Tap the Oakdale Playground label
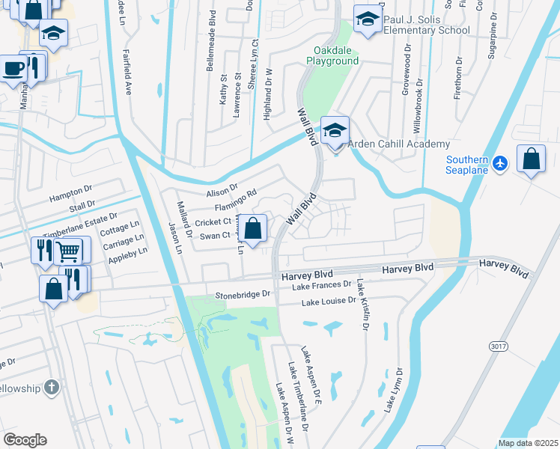tap(335, 55)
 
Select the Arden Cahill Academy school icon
tap(335, 130)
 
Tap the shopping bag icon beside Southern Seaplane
tap(531, 159)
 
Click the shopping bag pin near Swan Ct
tap(254, 227)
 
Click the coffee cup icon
tap(13, 68)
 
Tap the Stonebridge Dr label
tap(241, 295)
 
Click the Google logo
tap(25, 440)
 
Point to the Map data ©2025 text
tap(528, 443)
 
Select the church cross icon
tap(51, 387)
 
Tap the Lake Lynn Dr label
tap(394, 389)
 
